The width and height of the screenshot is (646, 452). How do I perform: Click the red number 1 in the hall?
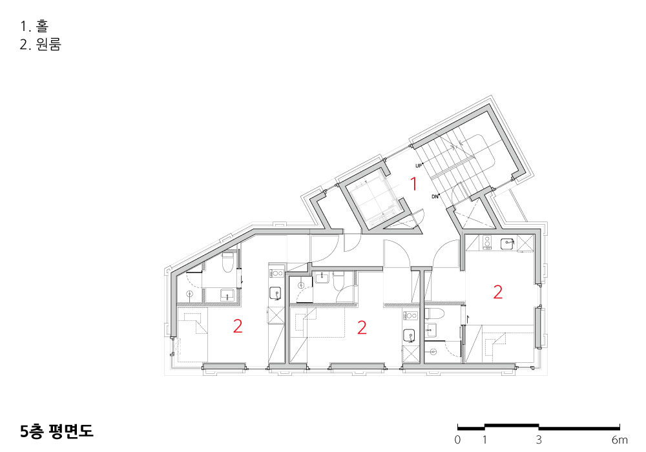(x=413, y=184)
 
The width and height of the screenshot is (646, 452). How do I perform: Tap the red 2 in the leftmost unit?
(x=238, y=327)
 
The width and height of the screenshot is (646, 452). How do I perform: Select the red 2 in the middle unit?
(x=362, y=327)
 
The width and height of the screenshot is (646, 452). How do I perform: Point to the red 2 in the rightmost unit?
(x=497, y=293)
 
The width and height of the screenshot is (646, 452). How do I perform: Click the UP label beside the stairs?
(x=419, y=166)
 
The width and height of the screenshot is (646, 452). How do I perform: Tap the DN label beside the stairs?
(x=435, y=197)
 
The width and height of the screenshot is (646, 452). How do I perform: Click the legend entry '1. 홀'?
(x=34, y=26)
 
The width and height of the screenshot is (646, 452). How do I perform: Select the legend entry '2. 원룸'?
(x=40, y=44)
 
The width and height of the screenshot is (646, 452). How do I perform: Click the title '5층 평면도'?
(x=57, y=431)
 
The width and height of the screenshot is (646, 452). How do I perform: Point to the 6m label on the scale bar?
(x=620, y=440)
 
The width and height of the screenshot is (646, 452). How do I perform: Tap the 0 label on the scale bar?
(x=458, y=440)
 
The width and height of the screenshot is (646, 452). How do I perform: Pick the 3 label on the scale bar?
(x=539, y=440)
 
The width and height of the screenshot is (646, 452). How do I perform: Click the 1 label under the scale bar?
(x=485, y=440)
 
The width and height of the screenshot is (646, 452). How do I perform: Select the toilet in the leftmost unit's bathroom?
(x=227, y=263)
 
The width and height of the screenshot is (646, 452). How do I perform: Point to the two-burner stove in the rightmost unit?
(x=487, y=243)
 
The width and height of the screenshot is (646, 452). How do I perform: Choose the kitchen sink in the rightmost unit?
(x=506, y=243)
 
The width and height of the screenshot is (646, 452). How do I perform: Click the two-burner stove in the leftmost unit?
(x=276, y=272)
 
